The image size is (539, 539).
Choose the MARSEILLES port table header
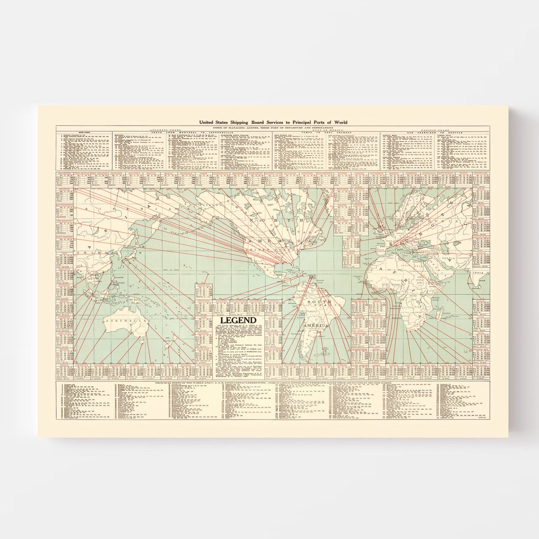(480, 173)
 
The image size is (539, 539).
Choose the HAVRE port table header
(350, 236)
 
